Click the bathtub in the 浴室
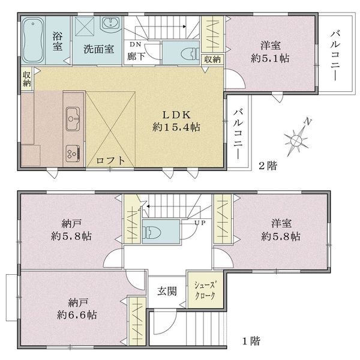click(x=33, y=40)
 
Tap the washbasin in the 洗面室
click(x=111, y=24)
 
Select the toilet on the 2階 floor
click(x=190, y=54)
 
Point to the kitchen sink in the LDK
click(x=73, y=119)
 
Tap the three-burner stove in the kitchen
click(x=73, y=154)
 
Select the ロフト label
click(x=110, y=160)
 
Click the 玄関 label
click(x=167, y=292)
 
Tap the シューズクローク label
click(x=205, y=290)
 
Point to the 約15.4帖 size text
click(x=176, y=127)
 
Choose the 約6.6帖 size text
click(x=77, y=315)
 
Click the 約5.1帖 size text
click(x=270, y=58)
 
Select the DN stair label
click(x=136, y=44)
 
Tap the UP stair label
click(x=200, y=223)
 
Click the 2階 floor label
click(x=268, y=166)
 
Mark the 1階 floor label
click(x=251, y=341)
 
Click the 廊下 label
click(x=136, y=56)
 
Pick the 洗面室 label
click(x=99, y=49)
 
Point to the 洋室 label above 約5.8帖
click(x=281, y=223)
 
